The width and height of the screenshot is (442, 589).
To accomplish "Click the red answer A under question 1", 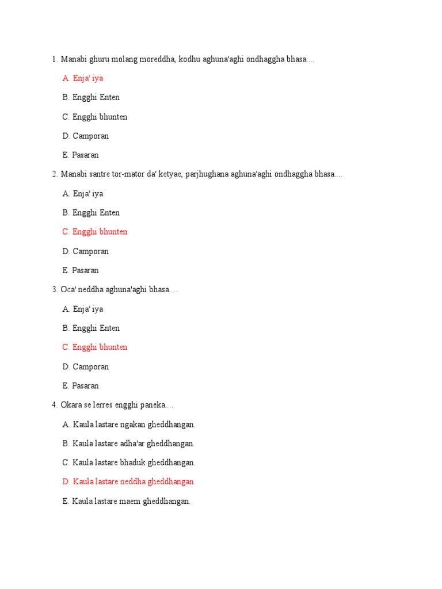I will [x=83, y=78].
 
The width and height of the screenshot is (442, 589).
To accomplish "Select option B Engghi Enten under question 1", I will [x=91, y=97].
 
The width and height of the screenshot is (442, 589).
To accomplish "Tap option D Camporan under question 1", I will [x=85, y=136].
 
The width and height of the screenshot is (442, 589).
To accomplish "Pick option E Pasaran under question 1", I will [x=81, y=155].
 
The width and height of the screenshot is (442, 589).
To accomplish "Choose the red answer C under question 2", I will [x=95, y=232].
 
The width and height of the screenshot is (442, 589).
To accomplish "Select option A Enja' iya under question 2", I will [x=83, y=194].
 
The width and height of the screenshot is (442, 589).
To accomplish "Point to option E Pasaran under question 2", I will [x=81, y=270].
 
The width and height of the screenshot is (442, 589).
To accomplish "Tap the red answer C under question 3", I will [x=95, y=347].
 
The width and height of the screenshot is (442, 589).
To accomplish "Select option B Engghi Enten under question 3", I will [x=91, y=328].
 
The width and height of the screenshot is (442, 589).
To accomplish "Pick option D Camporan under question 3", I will [x=85, y=366].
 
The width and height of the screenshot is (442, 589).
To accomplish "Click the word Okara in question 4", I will [x=71, y=405].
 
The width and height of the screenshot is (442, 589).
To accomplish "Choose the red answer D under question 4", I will [x=129, y=481].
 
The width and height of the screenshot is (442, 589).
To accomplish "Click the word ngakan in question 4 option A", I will [x=132, y=424].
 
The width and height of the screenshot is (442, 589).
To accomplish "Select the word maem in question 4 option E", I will [x=129, y=501].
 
